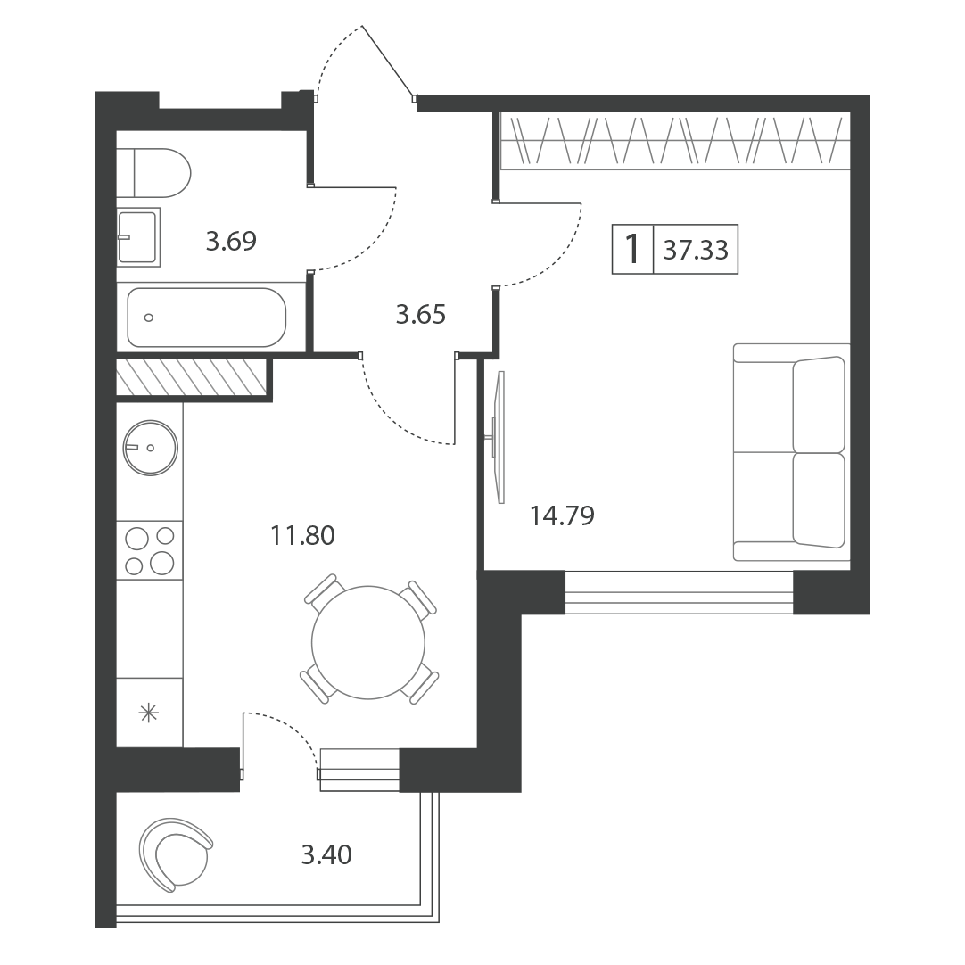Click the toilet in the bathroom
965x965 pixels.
[154, 173]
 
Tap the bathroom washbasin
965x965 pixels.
[138, 237]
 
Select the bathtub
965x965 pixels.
[207, 318]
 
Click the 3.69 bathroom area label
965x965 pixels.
[231, 241]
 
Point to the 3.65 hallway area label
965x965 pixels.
[420, 315]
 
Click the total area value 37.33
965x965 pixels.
[696, 250]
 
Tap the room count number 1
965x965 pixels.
[632, 249]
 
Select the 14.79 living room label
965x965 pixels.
[562, 515]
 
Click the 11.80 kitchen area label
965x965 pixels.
[303, 535]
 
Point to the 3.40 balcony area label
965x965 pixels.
[326, 854]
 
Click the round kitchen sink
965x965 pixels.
[150, 448]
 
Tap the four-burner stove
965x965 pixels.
[150, 550]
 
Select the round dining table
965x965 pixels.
[368, 642]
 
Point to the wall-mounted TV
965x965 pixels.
[499, 438]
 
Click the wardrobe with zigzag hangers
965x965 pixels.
[675, 141]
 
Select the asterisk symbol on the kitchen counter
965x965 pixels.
[149, 713]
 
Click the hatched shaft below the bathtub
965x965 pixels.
[192, 377]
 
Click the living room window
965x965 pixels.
[679, 593]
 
